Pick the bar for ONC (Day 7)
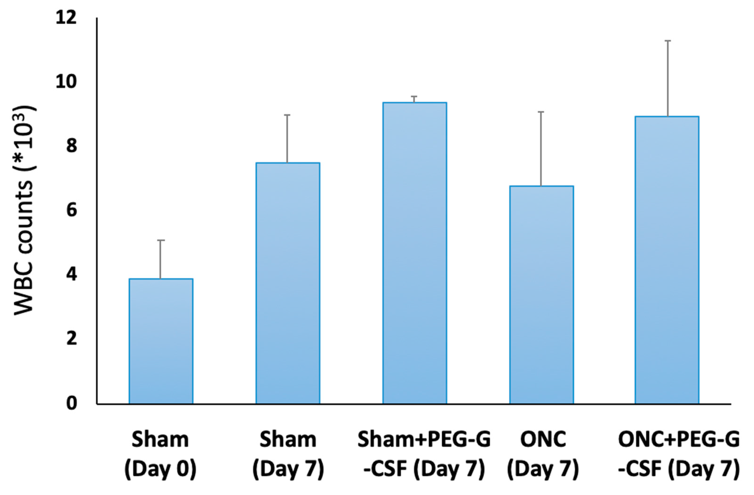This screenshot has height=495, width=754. pyautogui.click(x=541, y=295)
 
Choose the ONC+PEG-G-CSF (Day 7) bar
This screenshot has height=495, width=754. pyautogui.click(x=667, y=260)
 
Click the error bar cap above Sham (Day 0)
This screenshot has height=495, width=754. pyautogui.click(x=161, y=240)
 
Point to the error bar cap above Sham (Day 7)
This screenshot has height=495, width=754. pyautogui.click(x=287, y=115)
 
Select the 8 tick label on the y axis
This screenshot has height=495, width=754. pyautogui.click(x=71, y=147)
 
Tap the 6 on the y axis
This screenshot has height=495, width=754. pyautogui.click(x=71, y=211)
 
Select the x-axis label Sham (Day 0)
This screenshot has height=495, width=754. pyautogui.click(x=160, y=455)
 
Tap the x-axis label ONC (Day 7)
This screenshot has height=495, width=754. pyautogui.click(x=543, y=455)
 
